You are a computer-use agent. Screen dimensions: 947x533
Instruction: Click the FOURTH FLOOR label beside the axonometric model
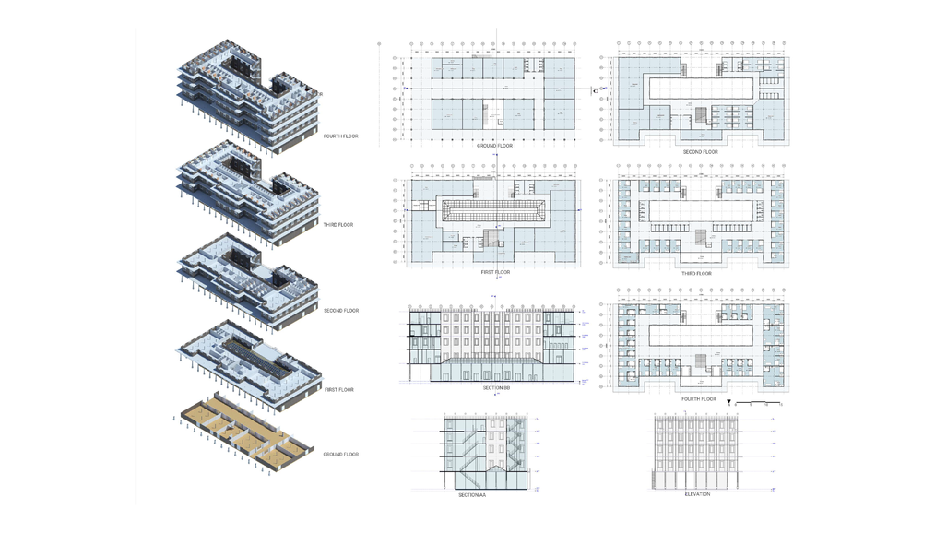(x=340, y=136)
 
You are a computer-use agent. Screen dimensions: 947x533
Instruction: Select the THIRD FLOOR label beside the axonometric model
(x=338, y=225)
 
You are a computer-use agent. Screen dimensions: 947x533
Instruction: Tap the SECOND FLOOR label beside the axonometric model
(x=341, y=311)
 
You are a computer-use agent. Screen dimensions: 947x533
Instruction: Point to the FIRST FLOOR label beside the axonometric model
(x=339, y=390)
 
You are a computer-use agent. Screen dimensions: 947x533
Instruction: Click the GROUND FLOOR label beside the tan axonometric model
(x=341, y=454)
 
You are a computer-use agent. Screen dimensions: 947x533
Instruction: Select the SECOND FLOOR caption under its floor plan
(x=700, y=152)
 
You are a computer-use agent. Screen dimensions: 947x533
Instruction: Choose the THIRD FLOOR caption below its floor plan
(x=697, y=273)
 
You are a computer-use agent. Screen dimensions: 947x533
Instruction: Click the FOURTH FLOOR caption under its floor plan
(x=698, y=399)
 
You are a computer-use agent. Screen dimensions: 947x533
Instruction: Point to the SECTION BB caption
(x=494, y=388)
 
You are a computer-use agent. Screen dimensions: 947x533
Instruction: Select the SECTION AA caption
(x=472, y=495)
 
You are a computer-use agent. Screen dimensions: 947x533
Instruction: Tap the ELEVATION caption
(x=697, y=494)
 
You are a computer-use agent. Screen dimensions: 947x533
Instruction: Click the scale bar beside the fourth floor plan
(x=761, y=403)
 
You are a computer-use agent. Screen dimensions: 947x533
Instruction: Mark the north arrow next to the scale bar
(x=730, y=403)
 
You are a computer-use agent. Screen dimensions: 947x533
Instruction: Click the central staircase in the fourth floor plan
(x=700, y=360)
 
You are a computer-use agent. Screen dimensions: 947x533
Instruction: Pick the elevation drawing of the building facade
(x=697, y=452)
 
